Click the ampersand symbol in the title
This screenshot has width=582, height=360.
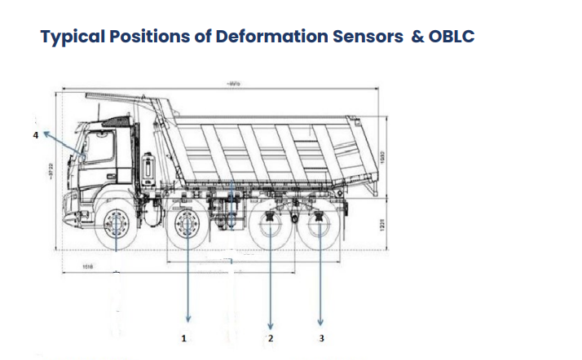coord(417,37)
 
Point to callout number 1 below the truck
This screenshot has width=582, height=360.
coord(184,336)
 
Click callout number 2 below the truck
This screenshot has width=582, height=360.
coord(271,336)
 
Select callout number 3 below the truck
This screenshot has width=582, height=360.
coord(321,336)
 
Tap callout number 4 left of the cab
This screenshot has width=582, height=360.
coord(35,135)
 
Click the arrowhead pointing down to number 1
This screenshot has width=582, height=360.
coord(188,318)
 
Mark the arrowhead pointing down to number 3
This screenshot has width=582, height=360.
coord(320,320)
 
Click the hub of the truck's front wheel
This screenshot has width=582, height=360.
coord(115,224)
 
